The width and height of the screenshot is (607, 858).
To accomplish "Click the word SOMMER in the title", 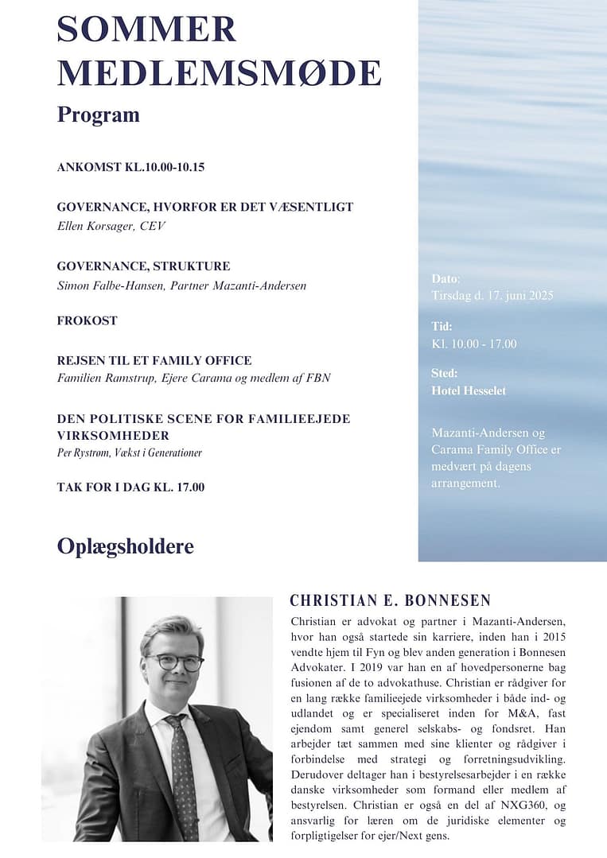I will click(147, 29).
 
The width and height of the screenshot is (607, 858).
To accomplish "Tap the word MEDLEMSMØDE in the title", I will click(219, 73).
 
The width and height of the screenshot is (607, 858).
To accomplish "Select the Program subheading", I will click(98, 115).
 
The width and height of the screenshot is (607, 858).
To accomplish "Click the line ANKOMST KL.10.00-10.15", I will click(131, 168).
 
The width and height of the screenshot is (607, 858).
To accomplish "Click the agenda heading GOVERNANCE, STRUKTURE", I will click(143, 266).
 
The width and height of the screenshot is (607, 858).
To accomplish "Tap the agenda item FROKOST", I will click(87, 320).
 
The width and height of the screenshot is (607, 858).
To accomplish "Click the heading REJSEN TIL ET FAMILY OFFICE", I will click(154, 360).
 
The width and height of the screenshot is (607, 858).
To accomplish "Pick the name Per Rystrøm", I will click(83, 452).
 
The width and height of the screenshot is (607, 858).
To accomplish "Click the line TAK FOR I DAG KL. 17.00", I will click(130, 487).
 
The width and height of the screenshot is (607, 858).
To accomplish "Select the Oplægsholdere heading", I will click(125, 547).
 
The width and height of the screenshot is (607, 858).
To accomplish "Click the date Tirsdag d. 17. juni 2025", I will click(492, 296).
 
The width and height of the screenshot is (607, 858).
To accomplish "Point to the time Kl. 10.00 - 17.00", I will click(473, 344).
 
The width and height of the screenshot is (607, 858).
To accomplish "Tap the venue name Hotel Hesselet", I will click(468, 390).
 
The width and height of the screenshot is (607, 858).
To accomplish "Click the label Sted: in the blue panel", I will click(445, 373).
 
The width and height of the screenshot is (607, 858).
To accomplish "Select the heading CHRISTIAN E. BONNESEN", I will click(390, 600).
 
